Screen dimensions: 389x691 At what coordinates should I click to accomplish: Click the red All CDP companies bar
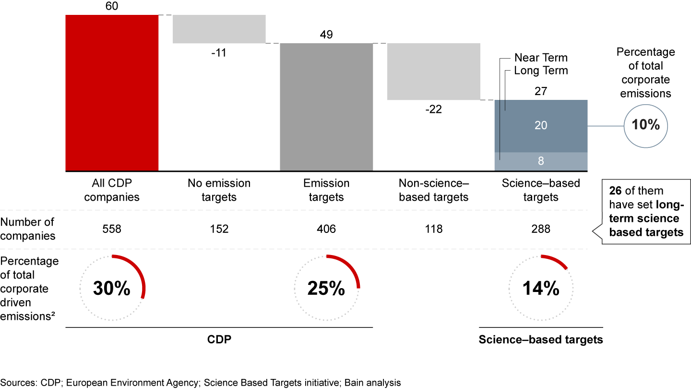coord(112,93)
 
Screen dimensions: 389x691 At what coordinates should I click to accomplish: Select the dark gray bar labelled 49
coord(326,107)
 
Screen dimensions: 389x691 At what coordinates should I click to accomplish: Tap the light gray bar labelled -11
coord(219,29)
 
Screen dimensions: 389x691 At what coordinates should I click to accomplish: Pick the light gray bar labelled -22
coord(434,72)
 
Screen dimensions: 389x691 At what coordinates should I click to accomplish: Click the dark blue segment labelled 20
coord(541,126)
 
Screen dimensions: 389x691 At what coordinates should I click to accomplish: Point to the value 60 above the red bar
coord(112,7)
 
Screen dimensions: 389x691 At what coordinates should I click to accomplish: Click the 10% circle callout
coord(646,126)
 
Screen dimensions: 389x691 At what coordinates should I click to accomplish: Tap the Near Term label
coord(541,58)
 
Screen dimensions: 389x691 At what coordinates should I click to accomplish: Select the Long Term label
coord(541,71)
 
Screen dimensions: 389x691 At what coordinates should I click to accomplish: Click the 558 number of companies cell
coord(112,230)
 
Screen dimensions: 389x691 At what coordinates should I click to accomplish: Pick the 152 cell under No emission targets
coord(219,230)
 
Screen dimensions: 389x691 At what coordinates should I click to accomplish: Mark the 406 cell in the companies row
coord(326,230)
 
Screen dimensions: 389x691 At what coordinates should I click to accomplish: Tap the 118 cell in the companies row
coord(434,230)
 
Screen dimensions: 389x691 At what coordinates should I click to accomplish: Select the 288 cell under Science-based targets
coord(541,230)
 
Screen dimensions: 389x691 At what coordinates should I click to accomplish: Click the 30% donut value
coord(111,288)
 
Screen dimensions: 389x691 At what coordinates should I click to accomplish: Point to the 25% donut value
coord(326,288)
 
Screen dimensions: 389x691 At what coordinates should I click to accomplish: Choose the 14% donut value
coord(541,288)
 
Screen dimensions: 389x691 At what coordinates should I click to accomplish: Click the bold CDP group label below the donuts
coord(219,340)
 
